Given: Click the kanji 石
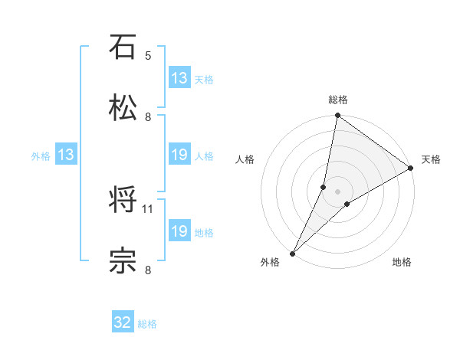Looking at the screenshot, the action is [x=123, y=47].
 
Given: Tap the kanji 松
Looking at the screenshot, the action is [x=123, y=108].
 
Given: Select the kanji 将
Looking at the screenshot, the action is [x=123, y=201].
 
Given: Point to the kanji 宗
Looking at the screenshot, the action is [x=123, y=260].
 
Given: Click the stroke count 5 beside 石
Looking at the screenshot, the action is [x=148, y=56].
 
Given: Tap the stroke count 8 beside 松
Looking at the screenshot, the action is [x=148, y=117].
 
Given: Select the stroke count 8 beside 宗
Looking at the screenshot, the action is [x=148, y=270].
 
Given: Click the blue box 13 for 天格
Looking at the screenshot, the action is [x=179, y=78].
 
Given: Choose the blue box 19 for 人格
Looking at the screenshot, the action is [x=179, y=155].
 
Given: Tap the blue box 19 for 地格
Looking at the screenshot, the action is [x=179, y=231].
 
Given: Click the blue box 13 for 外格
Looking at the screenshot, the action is [x=66, y=155].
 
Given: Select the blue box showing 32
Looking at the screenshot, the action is [x=123, y=323].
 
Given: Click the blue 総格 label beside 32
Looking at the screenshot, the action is [x=147, y=324].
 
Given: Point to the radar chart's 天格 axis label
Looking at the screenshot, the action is [x=431, y=159].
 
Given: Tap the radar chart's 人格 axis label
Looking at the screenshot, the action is [x=245, y=159].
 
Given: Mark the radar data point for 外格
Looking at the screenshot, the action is [x=292, y=253].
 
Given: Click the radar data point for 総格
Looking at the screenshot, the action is [x=337, y=116].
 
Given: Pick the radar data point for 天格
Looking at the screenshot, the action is [x=411, y=168].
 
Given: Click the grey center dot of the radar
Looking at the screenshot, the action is [x=337, y=191].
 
